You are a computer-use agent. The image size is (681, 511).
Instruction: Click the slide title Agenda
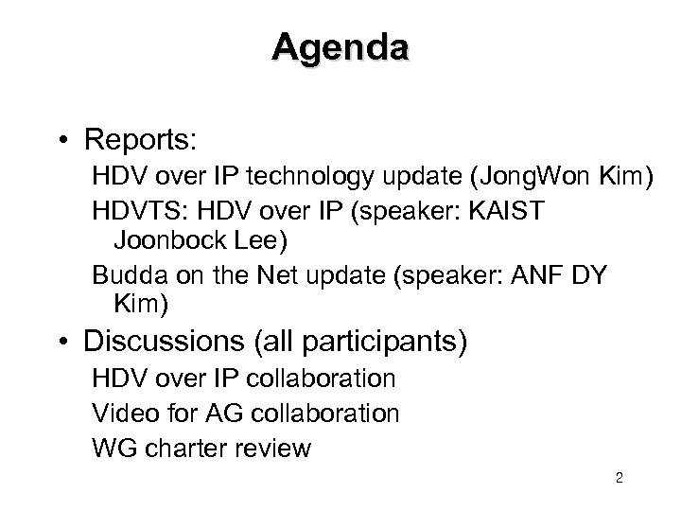point(340,46)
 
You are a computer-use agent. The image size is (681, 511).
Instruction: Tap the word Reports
point(139,139)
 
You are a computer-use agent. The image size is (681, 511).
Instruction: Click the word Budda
point(126,277)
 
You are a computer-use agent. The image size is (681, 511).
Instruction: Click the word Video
point(121,414)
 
